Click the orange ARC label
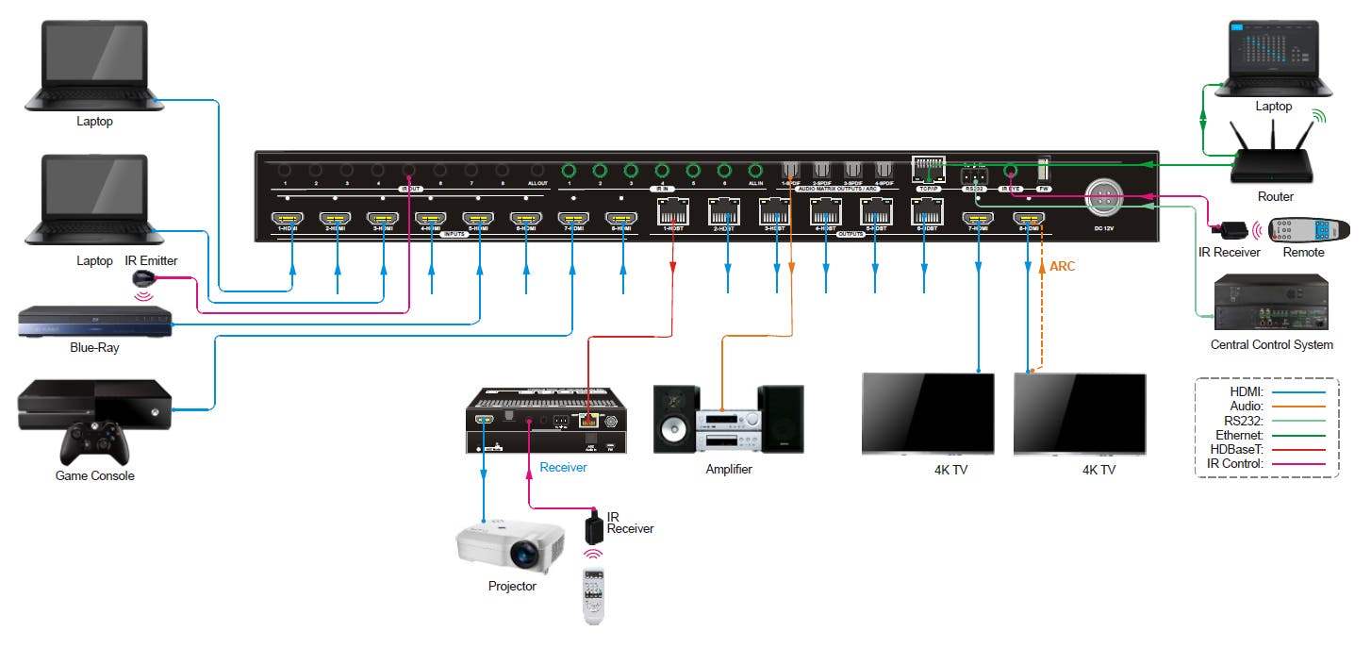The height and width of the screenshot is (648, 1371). pyautogui.click(x=1062, y=267)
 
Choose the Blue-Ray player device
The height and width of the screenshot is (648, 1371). pyautogui.click(x=94, y=322)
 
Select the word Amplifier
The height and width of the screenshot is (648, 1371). pyautogui.click(x=728, y=469)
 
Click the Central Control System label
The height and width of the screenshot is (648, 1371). pyautogui.click(x=1271, y=345)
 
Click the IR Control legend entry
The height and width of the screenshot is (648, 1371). pyautogui.click(x=1234, y=465)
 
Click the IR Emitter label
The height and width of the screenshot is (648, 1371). pyautogui.click(x=151, y=261)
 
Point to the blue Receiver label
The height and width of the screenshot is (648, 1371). pyautogui.click(x=563, y=467)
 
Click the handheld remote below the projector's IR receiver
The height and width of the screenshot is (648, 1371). pyautogui.click(x=593, y=595)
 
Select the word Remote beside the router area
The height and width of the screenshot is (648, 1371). pyautogui.click(x=1303, y=253)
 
